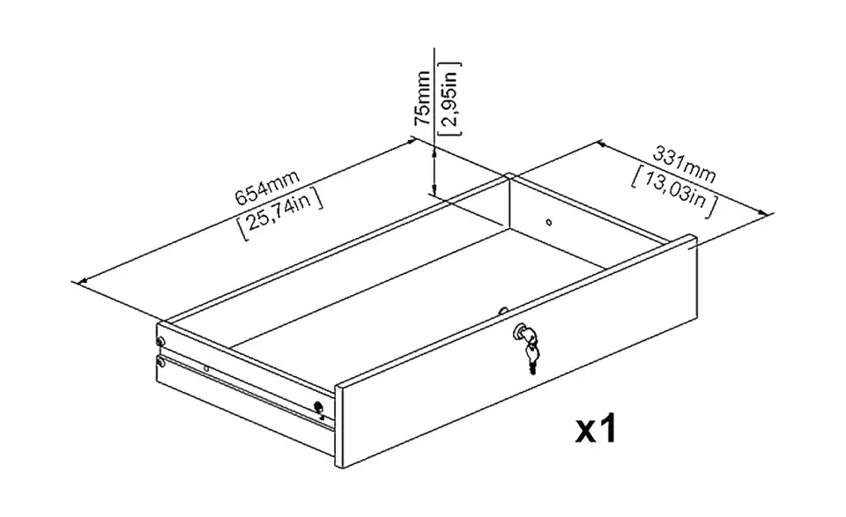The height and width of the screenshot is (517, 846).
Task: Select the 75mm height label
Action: [x=422, y=98]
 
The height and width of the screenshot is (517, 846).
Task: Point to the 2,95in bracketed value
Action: [x=450, y=98]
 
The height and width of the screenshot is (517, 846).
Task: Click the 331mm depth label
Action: [x=685, y=165]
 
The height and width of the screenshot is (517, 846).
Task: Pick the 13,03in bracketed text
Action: [x=675, y=193]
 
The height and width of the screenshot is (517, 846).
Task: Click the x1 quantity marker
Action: [x=596, y=430]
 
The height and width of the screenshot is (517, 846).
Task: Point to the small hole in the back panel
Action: [x=549, y=222]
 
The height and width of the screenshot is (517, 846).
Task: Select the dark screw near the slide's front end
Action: [x=318, y=407]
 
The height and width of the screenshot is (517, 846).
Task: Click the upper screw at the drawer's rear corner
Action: [x=160, y=341]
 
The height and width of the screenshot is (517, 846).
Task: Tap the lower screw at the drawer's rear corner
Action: [x=160, y=361]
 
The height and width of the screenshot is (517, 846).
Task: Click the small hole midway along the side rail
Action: [x=206, y=369]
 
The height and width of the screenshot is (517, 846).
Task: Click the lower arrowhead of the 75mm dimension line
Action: [x=433, y=188]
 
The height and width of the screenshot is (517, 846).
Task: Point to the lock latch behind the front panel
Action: [x=503, y=311]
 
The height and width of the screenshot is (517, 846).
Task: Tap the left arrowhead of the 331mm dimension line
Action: [x=603, y=145]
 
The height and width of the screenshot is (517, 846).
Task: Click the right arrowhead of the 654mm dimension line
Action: [x=412, y=142]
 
